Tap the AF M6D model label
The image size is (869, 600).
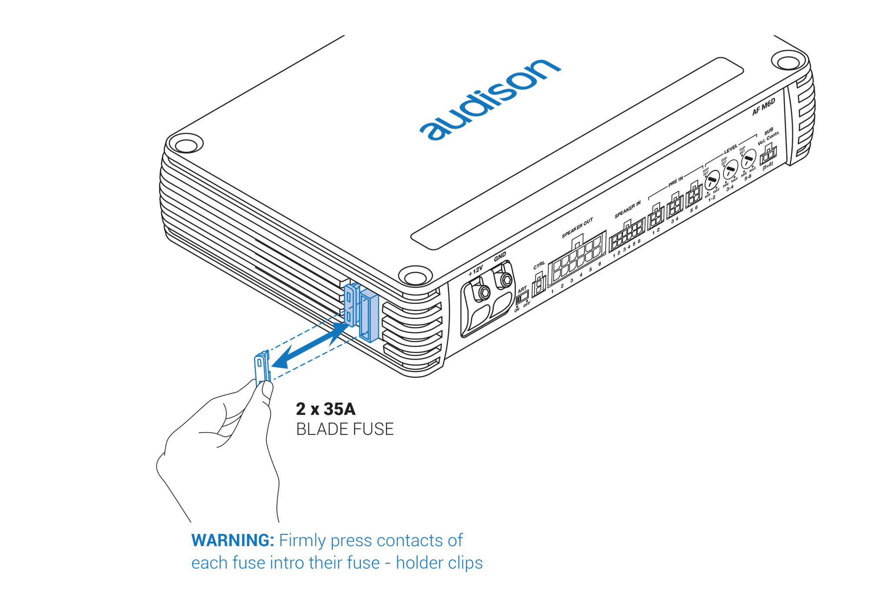763,107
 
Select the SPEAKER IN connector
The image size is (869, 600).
627,235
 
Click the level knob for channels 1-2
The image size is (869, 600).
712,180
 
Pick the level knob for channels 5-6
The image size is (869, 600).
748,159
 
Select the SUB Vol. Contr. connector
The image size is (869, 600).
768,153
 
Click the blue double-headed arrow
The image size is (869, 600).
311,346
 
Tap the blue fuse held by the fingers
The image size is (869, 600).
262,367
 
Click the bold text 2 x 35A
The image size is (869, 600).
325,409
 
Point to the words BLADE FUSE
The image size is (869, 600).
345,429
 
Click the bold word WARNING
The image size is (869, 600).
232,540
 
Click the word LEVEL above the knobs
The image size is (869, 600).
730,149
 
